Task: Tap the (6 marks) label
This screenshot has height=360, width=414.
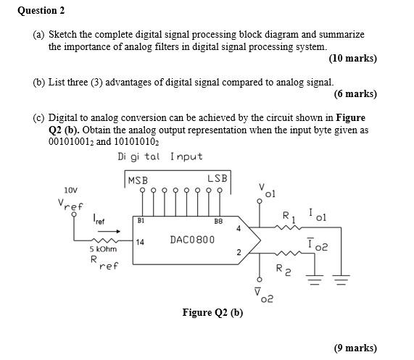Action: (x=355, y=93)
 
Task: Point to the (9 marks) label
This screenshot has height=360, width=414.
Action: (x=355, y=348)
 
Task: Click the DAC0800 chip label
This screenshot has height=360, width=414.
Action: (x=192, y=239)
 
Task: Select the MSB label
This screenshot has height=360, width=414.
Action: (x=138, y=180)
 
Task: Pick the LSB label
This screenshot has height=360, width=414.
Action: (x=217, y=179)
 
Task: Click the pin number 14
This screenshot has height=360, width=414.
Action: (x=140, y=242)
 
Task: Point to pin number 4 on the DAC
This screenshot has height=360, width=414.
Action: (x=239, y=228)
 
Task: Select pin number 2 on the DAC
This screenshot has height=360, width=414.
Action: (x=239, y=252)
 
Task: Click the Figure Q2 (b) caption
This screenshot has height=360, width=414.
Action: (x=212, y=313)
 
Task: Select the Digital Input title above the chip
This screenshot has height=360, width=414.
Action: (x=160, y=156)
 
